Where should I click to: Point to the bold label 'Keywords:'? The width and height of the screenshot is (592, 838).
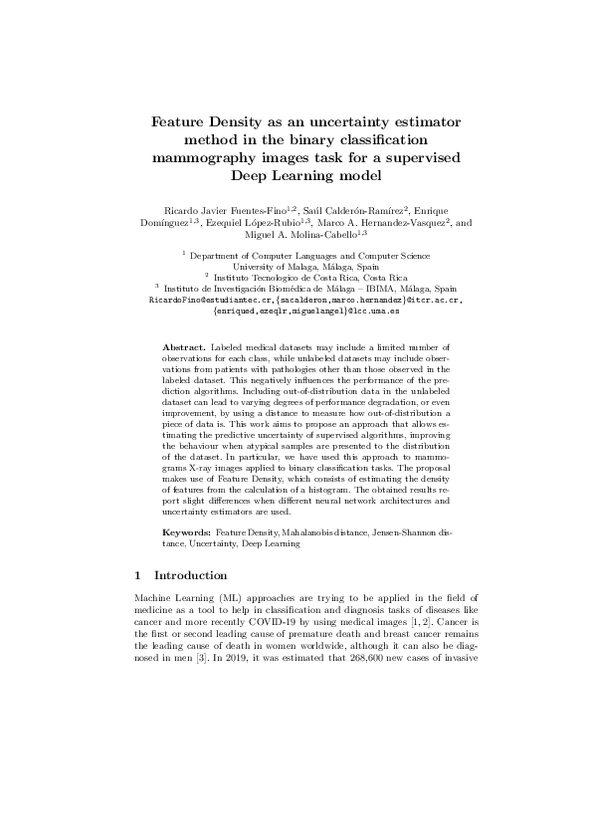[x=187, y=534]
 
